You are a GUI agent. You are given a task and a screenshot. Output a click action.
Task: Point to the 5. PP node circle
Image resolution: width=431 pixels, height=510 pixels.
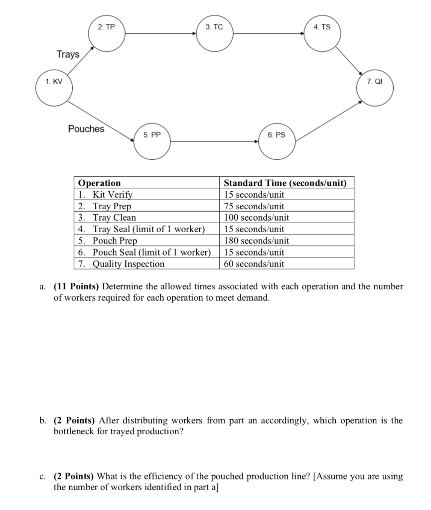tap(152, 141)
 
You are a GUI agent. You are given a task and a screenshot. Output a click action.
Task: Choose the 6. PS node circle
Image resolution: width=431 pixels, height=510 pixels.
tap(277, 141)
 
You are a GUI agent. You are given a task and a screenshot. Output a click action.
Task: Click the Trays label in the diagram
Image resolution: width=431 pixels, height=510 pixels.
tap(68, 54)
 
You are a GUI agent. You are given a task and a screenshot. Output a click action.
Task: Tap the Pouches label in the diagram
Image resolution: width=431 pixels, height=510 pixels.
tap(86, 129)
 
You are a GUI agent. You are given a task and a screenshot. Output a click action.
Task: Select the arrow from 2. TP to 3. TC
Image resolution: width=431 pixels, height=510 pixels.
tap(160, 34)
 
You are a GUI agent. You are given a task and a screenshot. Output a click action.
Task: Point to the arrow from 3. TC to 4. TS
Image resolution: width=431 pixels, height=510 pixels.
tap(269, 34)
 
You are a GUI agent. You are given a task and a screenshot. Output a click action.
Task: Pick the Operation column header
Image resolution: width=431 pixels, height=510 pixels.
tap(100, 183)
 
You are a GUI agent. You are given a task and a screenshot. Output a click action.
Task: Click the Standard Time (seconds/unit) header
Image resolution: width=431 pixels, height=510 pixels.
tap(285, 183)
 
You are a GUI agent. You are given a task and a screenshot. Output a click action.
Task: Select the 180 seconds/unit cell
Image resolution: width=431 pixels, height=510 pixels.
tap(254, 241)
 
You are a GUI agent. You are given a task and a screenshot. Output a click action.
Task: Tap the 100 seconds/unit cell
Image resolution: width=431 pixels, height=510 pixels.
tap(256, 218)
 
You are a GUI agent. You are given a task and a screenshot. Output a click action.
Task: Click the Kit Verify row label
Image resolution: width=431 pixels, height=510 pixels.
tap(113, 194)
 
